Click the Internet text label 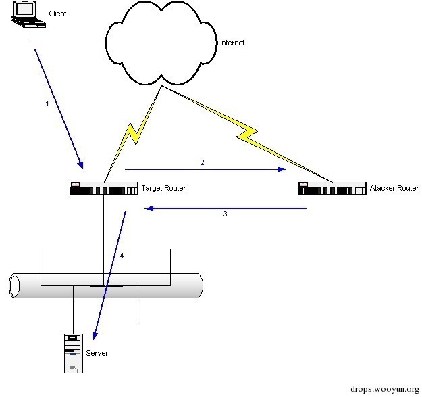[232, 43]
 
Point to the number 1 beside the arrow [46, 104]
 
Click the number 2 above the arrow [202, 163]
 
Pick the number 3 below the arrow [226, 214]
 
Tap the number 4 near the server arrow [122, 256]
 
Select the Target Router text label [163, 188]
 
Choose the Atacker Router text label [394, 188]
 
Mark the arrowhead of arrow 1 [82, 165]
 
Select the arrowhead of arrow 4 [95, 336]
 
